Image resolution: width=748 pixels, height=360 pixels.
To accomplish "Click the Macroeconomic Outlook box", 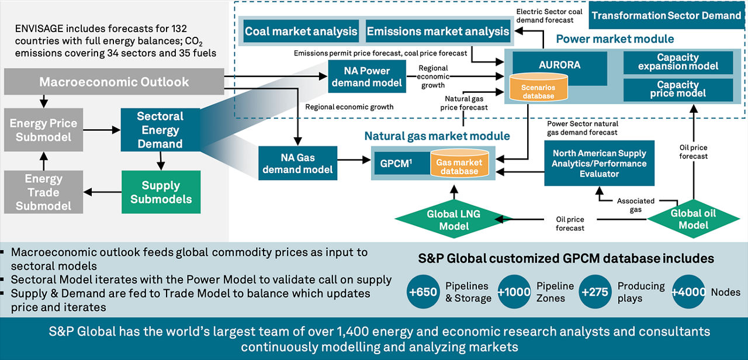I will [x=114, y=82].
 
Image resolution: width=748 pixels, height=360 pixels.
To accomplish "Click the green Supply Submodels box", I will [x=161, y=192].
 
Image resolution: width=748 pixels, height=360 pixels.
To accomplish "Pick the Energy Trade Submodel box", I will [x=43, y=192].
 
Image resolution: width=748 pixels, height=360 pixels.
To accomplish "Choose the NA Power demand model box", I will [x=366, y=76].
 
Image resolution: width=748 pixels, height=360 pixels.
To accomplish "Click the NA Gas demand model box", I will [x=297, y=162].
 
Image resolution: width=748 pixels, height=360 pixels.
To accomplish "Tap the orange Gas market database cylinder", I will [x=459, y=167].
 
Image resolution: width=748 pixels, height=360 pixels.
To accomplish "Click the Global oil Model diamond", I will [x=693, y=219].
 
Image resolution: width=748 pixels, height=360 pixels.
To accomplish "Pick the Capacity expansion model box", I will [x=678, y=62].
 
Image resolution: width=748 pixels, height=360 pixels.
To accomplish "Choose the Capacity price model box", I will [x=678, y=89].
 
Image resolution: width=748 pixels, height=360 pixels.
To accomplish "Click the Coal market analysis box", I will [x=300, y=31].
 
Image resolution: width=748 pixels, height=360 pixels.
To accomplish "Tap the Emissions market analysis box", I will [x=438, y=31].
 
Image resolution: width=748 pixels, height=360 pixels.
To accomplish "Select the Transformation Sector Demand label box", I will [x=666, y=16].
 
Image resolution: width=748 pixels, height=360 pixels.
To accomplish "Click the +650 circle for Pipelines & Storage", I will [x=423, y=292].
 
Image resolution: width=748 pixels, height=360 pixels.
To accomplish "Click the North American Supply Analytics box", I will [x=599, y=163].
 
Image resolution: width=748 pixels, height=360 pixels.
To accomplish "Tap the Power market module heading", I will [x=615, y=40].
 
